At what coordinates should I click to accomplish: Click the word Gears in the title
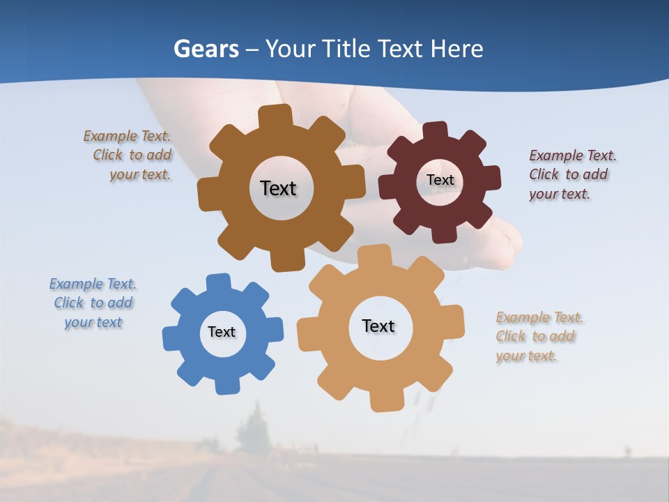pos(206,49)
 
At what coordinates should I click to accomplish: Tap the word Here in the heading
pos(456,49)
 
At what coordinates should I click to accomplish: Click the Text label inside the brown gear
pos(278,188)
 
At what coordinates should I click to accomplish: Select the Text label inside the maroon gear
pos(440,180)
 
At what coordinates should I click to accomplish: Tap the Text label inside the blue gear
pos(222,332)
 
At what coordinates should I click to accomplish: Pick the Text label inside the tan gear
pos(378,326)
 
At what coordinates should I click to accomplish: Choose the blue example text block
pos(93,303)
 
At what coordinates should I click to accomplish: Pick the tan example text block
pos(538,337)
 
